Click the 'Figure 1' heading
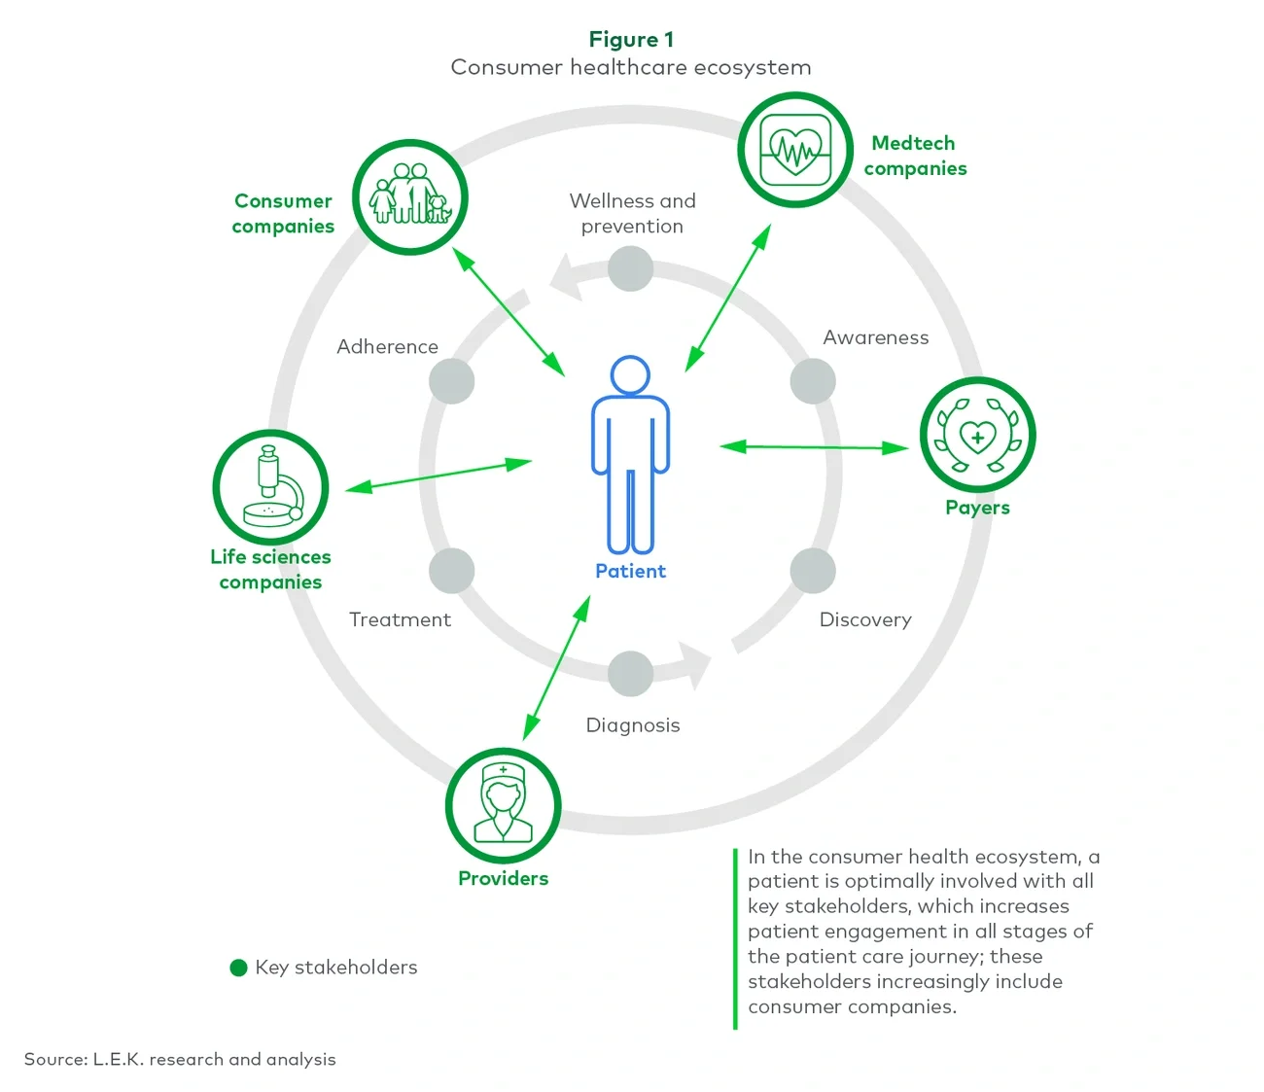point(631,40)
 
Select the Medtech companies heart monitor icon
point(795,151)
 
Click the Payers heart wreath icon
point(977,435)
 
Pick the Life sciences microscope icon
point(271,486)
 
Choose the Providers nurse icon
point(503,804)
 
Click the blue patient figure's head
point(630,374)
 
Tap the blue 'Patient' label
point(630,571)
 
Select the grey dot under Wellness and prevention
point(630,268)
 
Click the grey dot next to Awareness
point(813,381)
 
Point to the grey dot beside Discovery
point(813,571)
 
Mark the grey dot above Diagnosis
point(630,673)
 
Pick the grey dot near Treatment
point(451,571)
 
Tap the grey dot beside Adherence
point(451,381)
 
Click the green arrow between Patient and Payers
point(814,447)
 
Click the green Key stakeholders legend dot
point(238,968)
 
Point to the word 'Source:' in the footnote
point(55,1059)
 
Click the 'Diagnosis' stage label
point(633,725)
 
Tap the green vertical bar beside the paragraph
point(735,937)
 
